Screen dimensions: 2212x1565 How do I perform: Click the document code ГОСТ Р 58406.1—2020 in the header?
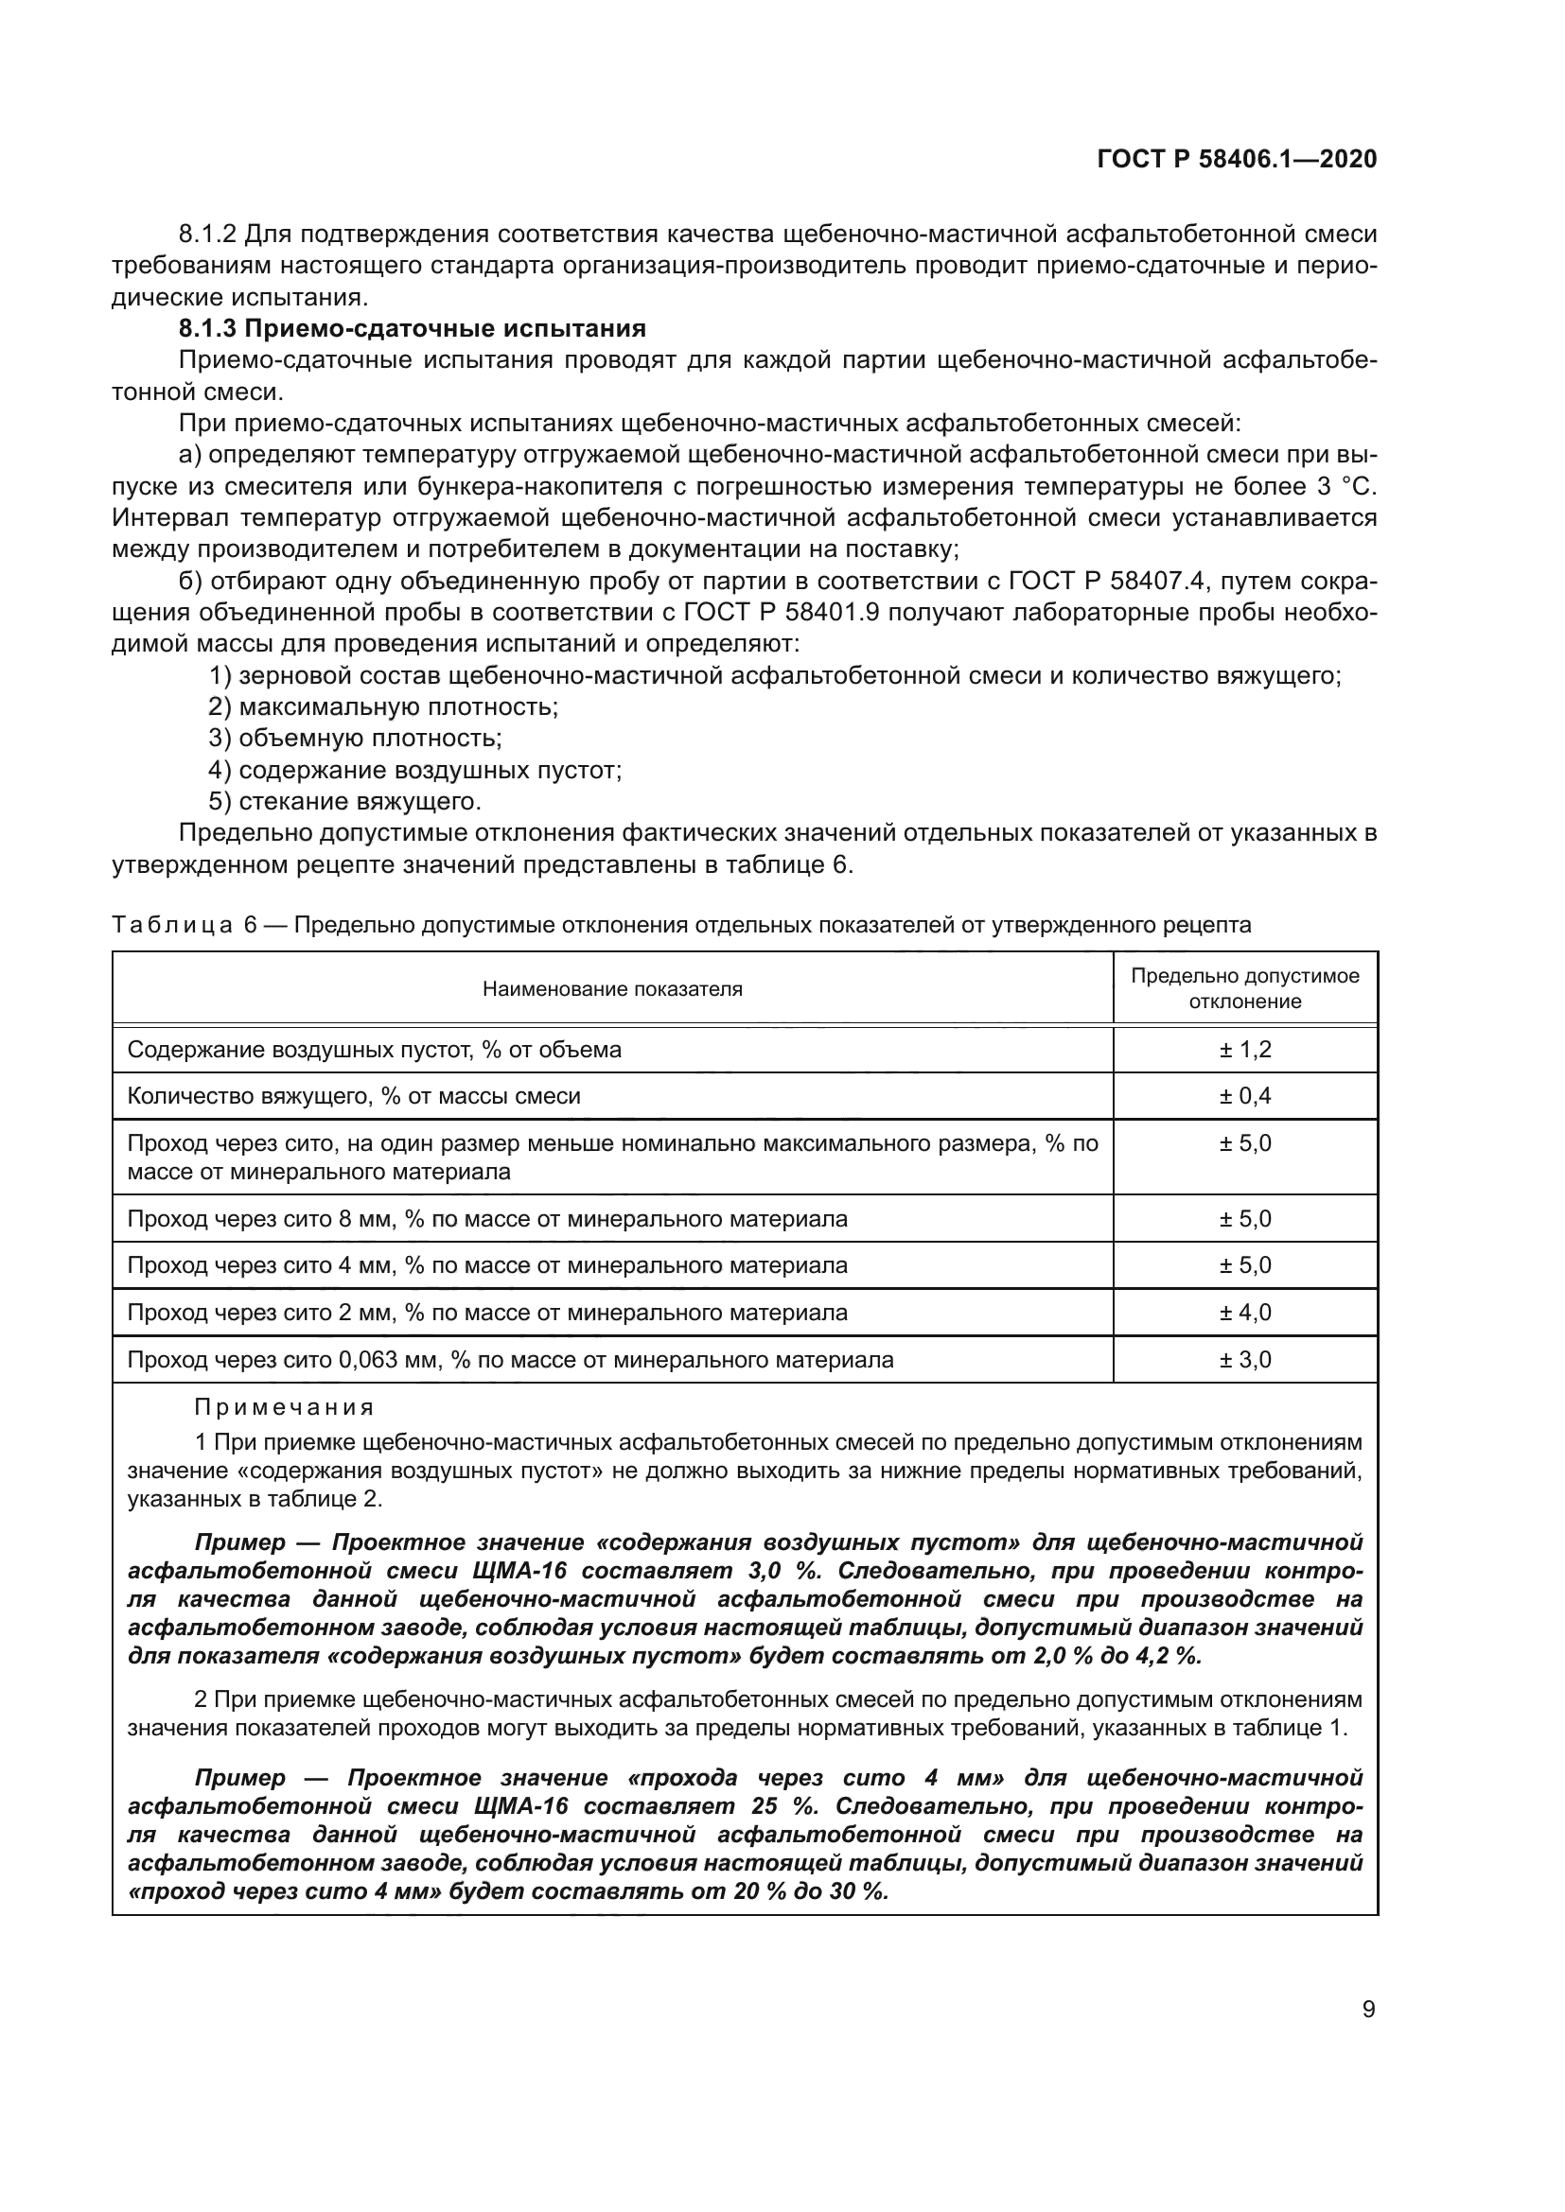coord(1237,160)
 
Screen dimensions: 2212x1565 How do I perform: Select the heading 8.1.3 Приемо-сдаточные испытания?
coord(412,328)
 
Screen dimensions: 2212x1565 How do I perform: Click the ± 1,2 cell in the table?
coord(1245,1049)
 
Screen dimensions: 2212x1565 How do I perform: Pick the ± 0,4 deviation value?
coord(1245,1096)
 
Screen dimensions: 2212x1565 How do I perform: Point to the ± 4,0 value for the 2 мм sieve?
coord(1245,1313)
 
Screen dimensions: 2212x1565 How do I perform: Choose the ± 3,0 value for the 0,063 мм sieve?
coord(1245,1359)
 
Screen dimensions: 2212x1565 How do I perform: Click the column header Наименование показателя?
coord(612,988)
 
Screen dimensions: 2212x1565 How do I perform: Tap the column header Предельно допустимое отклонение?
coord(1245,988)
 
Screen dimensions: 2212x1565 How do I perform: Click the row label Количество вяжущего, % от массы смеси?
coord(354,1096)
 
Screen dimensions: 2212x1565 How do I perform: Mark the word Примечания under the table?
coord(283,1407)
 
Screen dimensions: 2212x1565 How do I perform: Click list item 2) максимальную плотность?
coord(383,707)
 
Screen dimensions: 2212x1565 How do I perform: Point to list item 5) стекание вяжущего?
coord(345,802)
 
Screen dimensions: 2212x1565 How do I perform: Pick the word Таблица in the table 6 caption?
coord(171,926)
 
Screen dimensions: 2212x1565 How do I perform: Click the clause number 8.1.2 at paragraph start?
coord(208,235)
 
